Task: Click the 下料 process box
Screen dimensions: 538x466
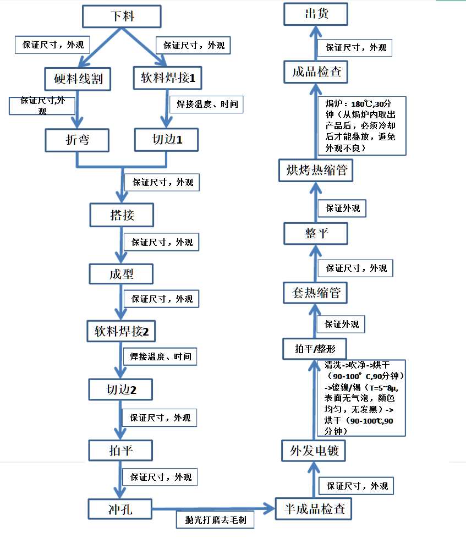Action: pyautogui.click(x=122, y=16)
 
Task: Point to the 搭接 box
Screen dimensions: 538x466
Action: pyautogui.click(x=122, y=215)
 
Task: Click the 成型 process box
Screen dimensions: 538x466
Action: pyautogui.click(x=122, y=273)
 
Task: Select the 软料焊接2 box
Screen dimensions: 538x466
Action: pyautogui.click(x=122, y=332)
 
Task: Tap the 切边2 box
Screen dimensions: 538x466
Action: pyautogui.click(x=121, y=390)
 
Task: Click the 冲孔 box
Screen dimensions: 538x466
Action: pyautogui.click(x=120, y=509)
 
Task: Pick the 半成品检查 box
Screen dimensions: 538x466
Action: pyautogui.click(x=313, y=509)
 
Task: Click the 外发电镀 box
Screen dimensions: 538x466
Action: pyautogui.click(x=314, y=451)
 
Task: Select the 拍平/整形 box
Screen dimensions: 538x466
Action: pyautogui.click(x=314, y=349)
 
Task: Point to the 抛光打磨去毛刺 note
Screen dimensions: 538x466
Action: pyautogui.click(x=215, y=519)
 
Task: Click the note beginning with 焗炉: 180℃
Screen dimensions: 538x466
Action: pyautogui.click(x=363, y=126)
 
